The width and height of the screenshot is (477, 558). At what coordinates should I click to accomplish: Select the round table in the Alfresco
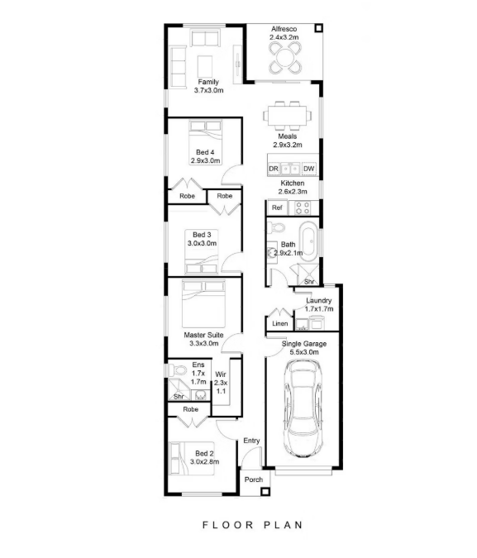(285, 55)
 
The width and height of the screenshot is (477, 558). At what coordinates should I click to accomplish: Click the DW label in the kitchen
(308, 169)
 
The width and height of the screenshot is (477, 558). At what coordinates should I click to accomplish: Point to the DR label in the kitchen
(274, 169)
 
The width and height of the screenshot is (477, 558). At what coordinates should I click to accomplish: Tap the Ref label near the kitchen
(277, 207)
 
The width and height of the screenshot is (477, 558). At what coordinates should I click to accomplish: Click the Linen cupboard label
(279, 324)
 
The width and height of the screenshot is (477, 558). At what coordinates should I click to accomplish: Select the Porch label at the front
(254, 479)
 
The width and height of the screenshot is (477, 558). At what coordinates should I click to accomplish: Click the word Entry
(251, 441)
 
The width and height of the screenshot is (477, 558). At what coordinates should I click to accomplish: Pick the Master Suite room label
(203, 334)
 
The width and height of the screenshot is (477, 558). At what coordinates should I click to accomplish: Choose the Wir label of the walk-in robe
(221, 374)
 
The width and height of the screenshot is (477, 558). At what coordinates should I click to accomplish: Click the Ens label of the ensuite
(198, 365)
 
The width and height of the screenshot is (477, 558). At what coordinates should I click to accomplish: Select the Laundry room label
(318, 300)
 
